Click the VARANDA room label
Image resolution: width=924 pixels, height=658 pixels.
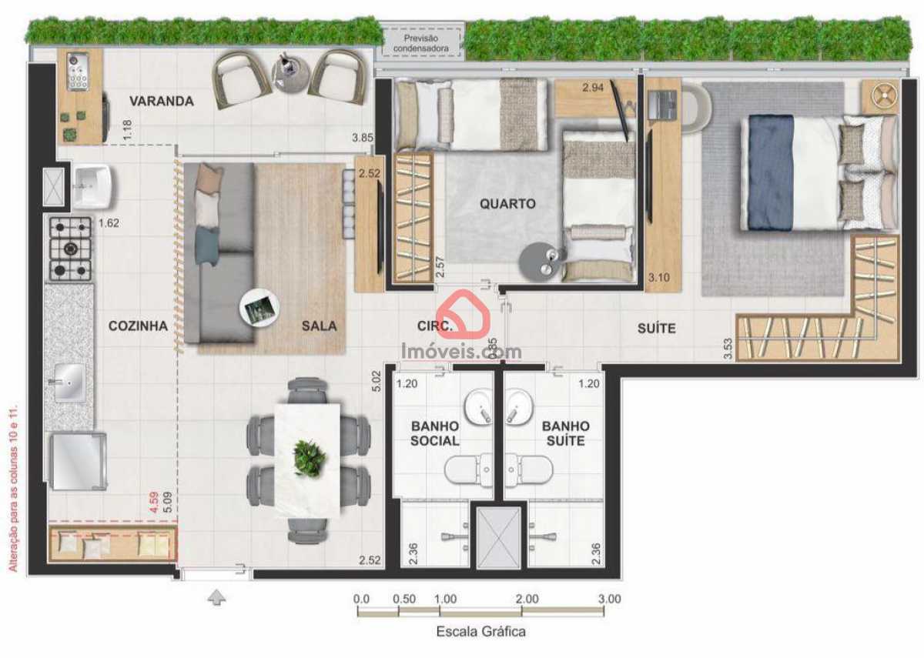click(x=162, y=101)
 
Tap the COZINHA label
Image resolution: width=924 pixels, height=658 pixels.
click(x=138, y=326)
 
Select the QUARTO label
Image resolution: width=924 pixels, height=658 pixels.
click(x=507, y=204)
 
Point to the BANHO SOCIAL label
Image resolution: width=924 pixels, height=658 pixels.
click(x=435, y=433)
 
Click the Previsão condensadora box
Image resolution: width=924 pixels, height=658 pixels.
click(x=420, y=43)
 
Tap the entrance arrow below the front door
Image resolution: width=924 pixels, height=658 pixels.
click(x=216, y=597)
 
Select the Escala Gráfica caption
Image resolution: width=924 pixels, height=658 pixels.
click(x=481, y=632)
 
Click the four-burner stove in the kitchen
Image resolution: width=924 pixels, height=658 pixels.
click(x=71, y=249)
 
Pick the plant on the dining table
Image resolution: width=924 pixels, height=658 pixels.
click(x=310, y=458)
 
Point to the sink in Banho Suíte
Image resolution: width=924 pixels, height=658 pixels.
click(x=518, y=406)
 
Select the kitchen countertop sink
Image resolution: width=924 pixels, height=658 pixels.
click(x=70, y=382)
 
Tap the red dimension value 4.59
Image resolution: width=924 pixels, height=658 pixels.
click(x=154, y=502)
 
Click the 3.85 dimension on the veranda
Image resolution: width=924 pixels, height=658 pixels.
click(x=362, y=138)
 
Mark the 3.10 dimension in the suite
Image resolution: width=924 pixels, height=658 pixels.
click(x=659, y=278)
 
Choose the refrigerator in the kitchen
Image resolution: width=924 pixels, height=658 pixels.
click(x=78, y=461)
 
